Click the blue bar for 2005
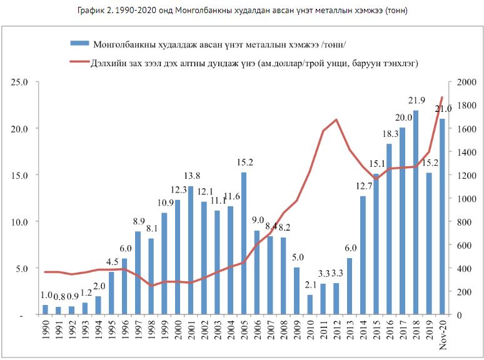coord(243,243)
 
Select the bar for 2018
coord(415,212)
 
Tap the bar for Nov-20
coord(442,216)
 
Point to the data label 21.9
coord(415,101)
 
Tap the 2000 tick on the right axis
coord(466,82)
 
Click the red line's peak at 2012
coord(336,119)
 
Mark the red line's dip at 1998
coord(151,286)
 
